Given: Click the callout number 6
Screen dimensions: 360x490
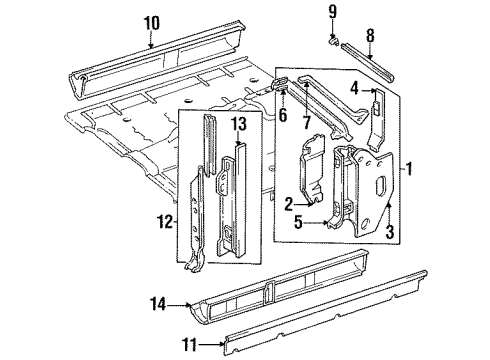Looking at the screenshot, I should tap(281, 115).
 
